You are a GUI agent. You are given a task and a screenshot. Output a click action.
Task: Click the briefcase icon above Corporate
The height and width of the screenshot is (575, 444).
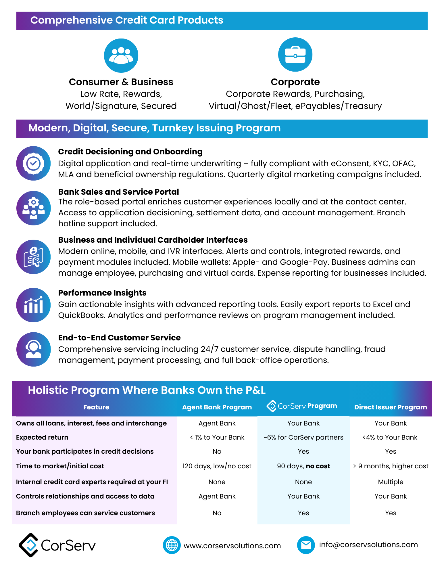click(295, 55)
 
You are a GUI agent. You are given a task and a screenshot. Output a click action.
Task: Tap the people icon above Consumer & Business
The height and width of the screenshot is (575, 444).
click(121, 55)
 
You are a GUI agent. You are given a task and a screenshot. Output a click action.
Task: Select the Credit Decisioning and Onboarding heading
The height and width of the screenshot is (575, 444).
click(130, 152)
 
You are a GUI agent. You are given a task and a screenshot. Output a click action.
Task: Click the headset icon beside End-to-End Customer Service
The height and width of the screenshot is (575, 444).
click(33, 349)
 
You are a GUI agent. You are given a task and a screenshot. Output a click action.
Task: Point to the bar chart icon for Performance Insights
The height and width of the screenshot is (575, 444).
click(33, 305)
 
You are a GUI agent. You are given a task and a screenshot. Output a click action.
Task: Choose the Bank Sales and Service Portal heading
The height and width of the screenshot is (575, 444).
click(118, 192)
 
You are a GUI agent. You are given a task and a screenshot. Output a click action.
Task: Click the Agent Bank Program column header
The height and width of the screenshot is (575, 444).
click(217, 407)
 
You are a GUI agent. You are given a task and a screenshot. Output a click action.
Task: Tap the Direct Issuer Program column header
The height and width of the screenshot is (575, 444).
click(390, 407)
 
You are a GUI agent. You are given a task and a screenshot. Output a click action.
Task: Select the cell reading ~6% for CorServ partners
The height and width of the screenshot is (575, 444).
click(303, 437)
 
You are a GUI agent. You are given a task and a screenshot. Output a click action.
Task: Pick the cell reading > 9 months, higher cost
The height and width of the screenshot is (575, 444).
click(391, 466)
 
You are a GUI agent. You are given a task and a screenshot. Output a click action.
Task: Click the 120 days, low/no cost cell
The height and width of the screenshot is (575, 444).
click(217, 466)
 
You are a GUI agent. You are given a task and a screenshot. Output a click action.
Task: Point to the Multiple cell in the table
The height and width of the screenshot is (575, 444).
click(391, 482)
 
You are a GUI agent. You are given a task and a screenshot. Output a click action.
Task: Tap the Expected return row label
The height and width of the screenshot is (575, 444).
click(42, 437)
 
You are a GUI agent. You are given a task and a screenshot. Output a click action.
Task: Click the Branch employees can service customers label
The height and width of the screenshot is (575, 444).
click(85, 513)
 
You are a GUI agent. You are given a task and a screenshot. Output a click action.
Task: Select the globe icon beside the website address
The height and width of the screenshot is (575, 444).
click(172, 545)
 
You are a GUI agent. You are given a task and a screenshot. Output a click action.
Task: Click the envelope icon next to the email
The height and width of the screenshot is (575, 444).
click(306, 545)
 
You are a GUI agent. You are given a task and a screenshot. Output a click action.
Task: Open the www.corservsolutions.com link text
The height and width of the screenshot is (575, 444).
click(232, 546)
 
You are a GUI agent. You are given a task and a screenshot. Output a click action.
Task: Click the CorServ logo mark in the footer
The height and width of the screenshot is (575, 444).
click(28, 545)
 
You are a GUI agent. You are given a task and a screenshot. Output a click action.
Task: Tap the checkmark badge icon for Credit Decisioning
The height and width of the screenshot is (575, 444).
click(33, 163)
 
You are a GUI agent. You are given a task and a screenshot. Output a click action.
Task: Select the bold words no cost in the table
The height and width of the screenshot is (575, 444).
click(318, 466)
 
